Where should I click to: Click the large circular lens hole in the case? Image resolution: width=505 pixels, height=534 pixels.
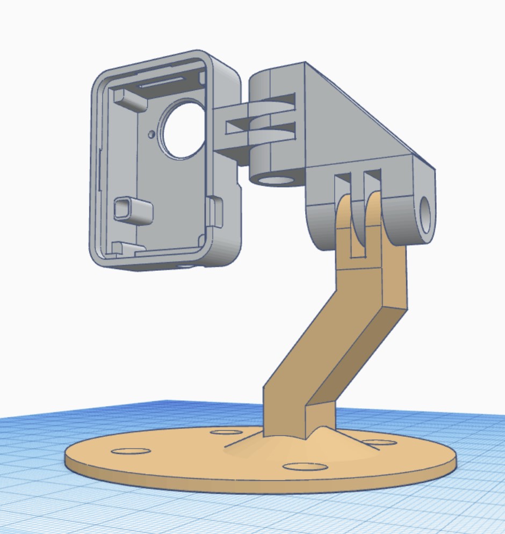click(x=184, y=131)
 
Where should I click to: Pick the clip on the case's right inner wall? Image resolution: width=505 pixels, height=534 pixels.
click(x=215, y=211)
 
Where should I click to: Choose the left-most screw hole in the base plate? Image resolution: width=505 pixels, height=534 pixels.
click(x=130, y=450)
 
